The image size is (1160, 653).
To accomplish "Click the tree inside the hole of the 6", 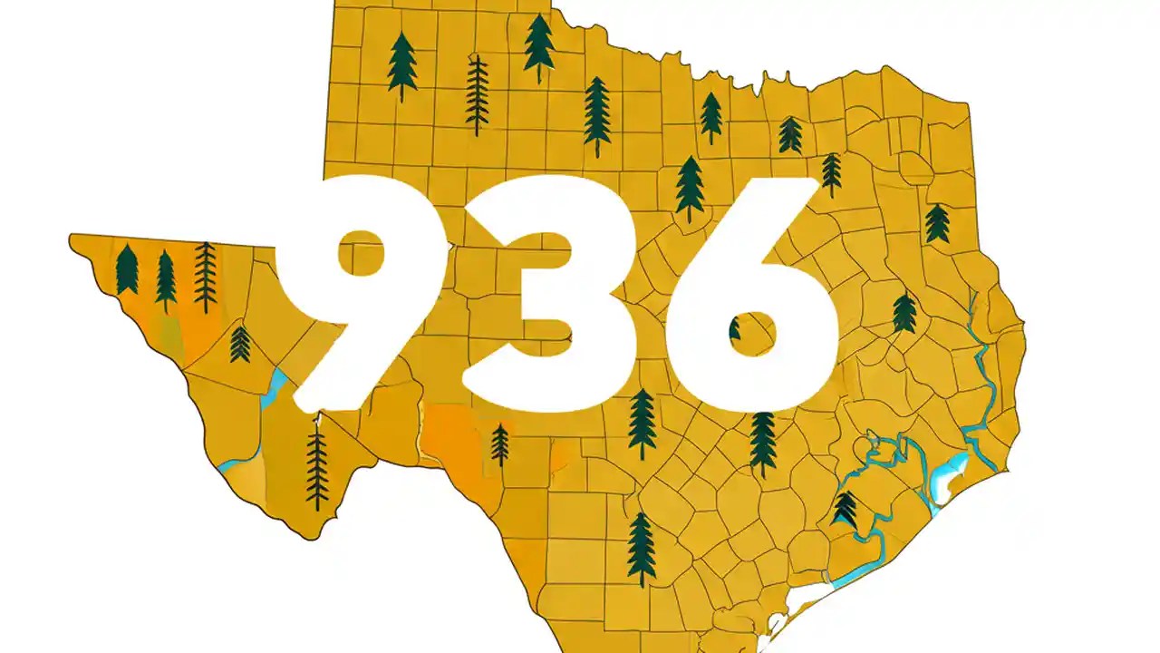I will coord(735,328).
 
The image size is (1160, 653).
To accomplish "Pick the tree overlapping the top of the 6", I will coord(690,186).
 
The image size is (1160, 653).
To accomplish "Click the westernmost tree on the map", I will coord(127,269).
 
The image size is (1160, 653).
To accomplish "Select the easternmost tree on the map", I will coord(937,223).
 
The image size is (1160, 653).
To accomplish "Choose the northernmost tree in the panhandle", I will coord(539,45).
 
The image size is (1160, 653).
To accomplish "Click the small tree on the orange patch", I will coord(499,444).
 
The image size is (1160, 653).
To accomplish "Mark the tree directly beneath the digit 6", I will coord(762,442).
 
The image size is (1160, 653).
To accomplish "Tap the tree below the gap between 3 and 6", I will coord(642,422).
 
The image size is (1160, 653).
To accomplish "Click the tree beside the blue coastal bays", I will coord(845,510).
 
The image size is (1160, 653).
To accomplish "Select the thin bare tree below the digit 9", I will coord(316,467).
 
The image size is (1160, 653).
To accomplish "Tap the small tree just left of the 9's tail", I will coord(240,344).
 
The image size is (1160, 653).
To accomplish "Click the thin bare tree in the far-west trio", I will coord(206,276).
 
